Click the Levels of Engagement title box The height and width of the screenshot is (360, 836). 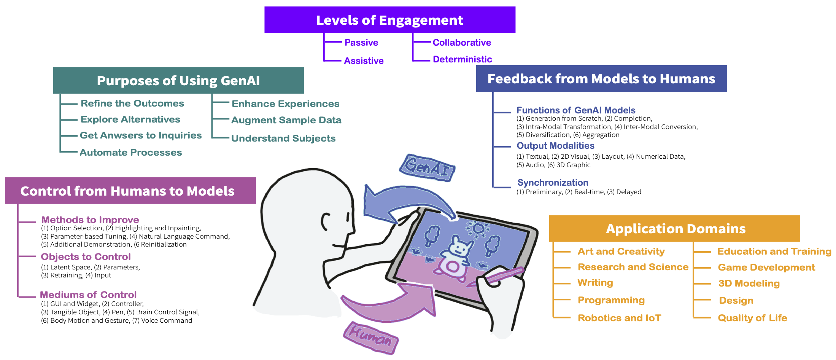(x=389, y=20)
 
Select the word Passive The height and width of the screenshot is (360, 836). (x=361, y=43)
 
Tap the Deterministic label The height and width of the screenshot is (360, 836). (x=462, y=59)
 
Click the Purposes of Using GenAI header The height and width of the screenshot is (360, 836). (x=178, y=81)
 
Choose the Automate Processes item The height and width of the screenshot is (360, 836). (x=130, y=153)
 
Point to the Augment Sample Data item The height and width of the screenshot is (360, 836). (x=286, y=120)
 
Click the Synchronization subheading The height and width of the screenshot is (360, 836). (x=552, y=183)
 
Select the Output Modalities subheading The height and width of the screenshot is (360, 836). (x=555, y=146)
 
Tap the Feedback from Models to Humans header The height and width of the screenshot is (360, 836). (x=601, y=79)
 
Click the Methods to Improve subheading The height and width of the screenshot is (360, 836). (x=90, y=220)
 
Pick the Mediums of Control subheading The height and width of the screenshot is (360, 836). (x=88, y=295)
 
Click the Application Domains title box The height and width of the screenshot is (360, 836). (x=675, y=229)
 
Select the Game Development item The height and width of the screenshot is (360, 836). (x=766, y=268)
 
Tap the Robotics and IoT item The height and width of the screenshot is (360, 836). (x=619, y=318)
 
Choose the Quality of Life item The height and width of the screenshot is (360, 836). (x=752, y=318)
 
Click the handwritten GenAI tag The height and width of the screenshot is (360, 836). (x=428, y=168)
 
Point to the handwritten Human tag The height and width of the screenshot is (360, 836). (x=370, y=337)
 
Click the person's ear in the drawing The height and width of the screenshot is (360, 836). (x=325, y=222)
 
